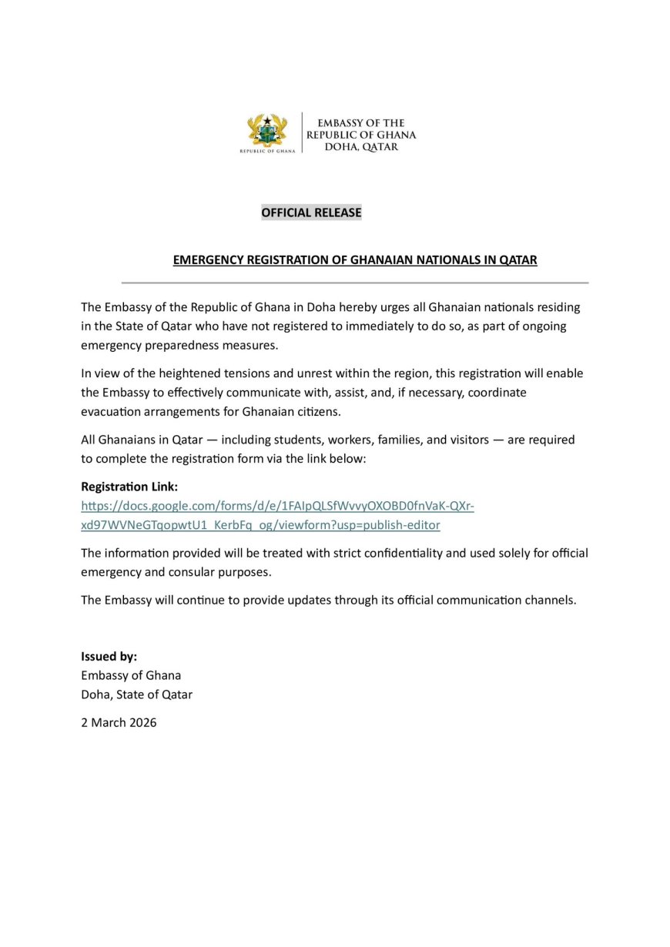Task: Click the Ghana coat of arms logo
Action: [x=267, y=130]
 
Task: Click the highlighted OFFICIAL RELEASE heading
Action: [x=311, y=212]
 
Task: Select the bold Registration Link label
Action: [x=129, y=487]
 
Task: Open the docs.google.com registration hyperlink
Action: [x=277, y=506]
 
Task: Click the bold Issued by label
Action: [x=109, y=657]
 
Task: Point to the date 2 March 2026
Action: [x=119, y=722]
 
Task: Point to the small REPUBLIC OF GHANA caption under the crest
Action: [x=267, y=151]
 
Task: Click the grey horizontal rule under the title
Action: [x=354, y=283]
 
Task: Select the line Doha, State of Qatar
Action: [x=136, y=694]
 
